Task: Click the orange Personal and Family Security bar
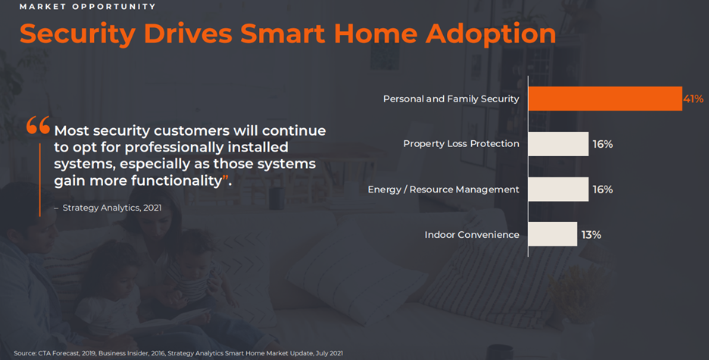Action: [x=605, y=99]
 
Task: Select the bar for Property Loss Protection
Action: [x=558, y=144]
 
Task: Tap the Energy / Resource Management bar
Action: [x=558, y=189]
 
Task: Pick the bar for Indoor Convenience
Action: [x=552, y=234]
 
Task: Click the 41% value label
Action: [x=693, y=99]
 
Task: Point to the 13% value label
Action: [x=591, y=235]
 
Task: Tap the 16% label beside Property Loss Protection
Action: [x=603, y=144]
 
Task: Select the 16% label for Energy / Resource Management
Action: [x=603, y=189]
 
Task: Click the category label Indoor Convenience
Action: [x=472, y=235]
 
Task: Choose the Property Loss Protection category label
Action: [x=461, y=144]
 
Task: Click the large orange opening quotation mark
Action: [x=38, y=125]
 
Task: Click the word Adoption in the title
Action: [x=491, y=34]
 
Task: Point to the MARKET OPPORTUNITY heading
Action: [x=88, y=7]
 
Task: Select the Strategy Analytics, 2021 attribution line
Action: [x=108, y=208]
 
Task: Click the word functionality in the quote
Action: [x=176, y=180]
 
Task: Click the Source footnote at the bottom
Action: [x=178, y=353]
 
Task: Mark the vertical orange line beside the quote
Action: [x=40, y=180]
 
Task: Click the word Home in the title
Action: [x=375, y=33]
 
